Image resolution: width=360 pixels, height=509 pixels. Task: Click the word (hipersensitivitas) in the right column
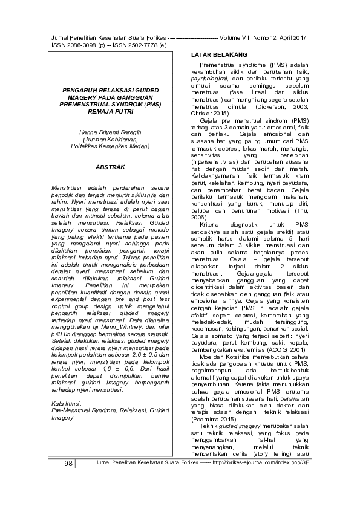point(211,162)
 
